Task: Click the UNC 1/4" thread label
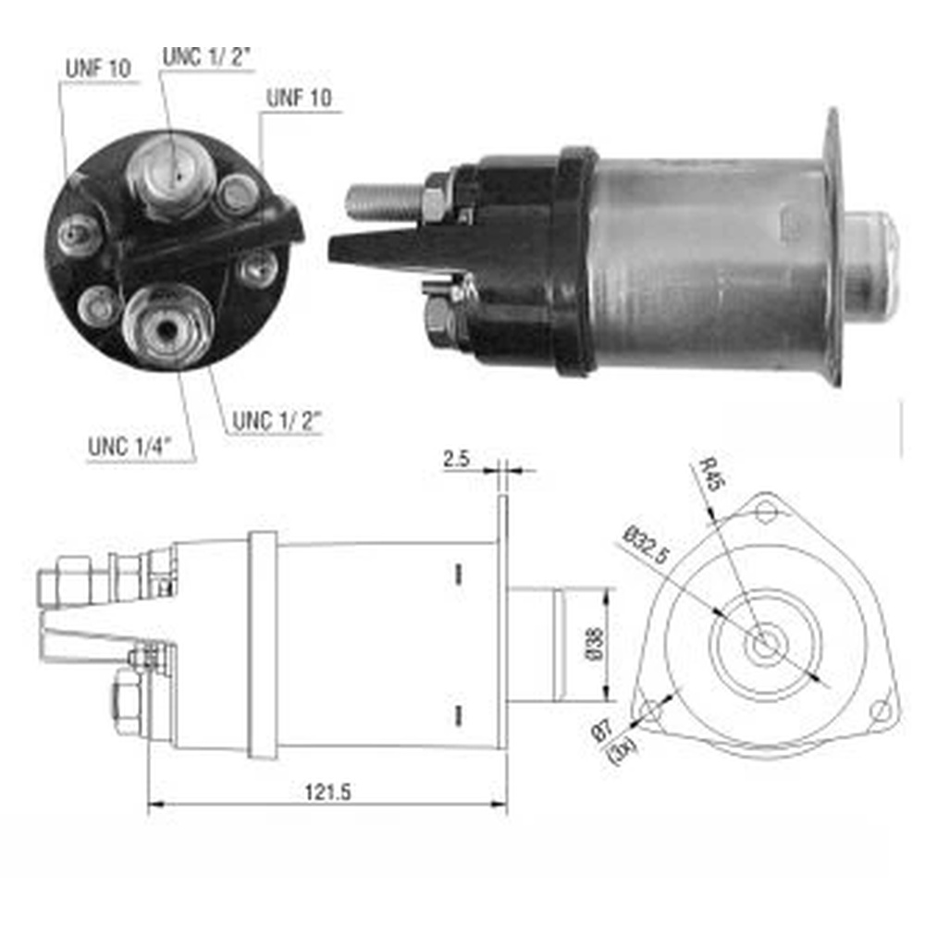coord(129,447)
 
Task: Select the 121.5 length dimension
coord(328,793)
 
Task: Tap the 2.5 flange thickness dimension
coord(457,459)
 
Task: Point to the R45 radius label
coord(709,474)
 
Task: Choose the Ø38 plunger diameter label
coord(596,644)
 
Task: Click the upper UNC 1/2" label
coord(206,57)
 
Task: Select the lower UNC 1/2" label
coord(276,421)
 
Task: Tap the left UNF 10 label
coord(98,68)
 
